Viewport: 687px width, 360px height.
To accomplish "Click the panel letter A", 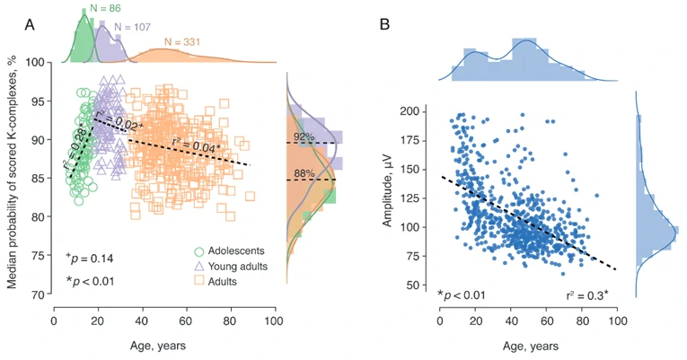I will pos(29,25).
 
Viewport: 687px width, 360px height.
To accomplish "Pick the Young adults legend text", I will pos(242,266).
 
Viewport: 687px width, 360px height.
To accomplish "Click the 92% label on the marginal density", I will pos(304,137).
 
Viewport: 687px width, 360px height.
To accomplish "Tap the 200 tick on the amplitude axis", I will pos(422,111).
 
